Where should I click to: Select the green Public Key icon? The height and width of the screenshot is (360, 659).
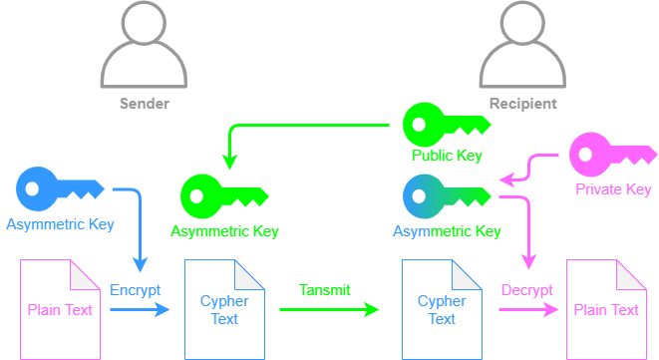444,125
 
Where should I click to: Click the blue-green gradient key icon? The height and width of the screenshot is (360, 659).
446,195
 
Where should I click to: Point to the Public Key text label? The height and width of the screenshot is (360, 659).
447,156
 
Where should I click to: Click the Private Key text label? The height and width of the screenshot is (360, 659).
613,189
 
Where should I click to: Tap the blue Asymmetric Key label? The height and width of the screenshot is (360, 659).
60,223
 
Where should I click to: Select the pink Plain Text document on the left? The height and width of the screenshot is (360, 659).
60,309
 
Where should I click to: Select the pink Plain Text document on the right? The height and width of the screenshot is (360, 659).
606,309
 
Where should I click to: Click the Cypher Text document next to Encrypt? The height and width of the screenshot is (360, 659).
224,309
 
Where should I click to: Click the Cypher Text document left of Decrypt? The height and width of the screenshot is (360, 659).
442,309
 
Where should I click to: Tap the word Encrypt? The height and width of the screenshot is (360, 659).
135,289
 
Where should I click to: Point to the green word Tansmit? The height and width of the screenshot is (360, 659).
325,289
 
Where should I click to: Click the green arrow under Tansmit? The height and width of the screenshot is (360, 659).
329,310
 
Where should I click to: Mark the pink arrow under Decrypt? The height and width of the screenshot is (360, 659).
527,310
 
